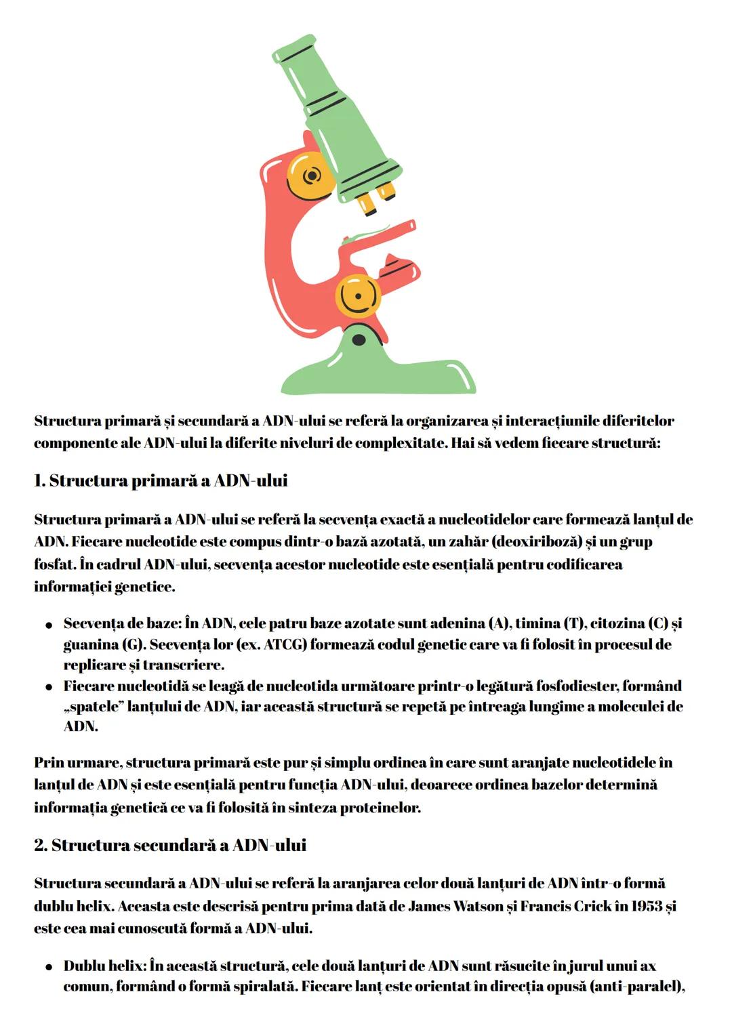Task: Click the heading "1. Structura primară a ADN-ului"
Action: [161, 481]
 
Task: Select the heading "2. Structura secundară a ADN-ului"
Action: [170, 846]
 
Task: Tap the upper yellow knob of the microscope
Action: [311, 175]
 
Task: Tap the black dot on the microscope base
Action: [359, 339]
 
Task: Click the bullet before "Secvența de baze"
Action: [49, 624]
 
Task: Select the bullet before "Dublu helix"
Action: [49, 967]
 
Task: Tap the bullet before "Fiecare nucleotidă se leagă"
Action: [49, 687]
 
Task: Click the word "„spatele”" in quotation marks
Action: [94, 707]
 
